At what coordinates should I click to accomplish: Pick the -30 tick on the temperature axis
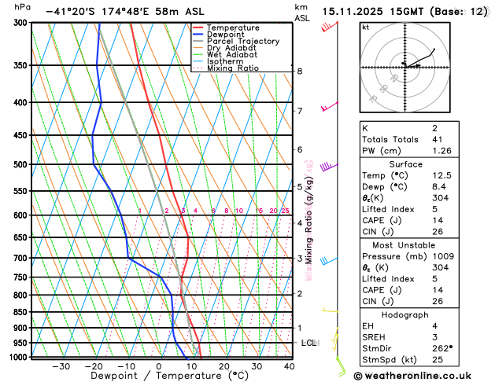[61, 366]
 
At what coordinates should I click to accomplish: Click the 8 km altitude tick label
[300, 72]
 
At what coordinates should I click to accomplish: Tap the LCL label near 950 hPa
[308, 343]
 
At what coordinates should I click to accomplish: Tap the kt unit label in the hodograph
[365, 28]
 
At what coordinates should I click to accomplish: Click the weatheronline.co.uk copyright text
[423, 375]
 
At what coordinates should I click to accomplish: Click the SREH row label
[375, 336]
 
